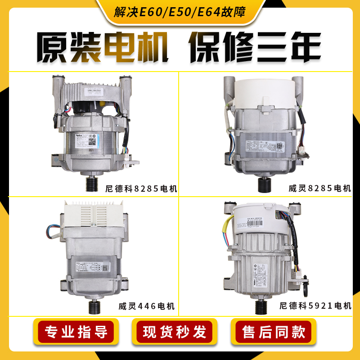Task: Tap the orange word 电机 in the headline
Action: click(138, 49)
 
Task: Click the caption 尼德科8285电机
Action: click(139, 189)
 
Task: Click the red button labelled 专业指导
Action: click(78, 332)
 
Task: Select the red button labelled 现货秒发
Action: click(175, 332)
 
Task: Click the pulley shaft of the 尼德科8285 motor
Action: click(93, 183)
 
